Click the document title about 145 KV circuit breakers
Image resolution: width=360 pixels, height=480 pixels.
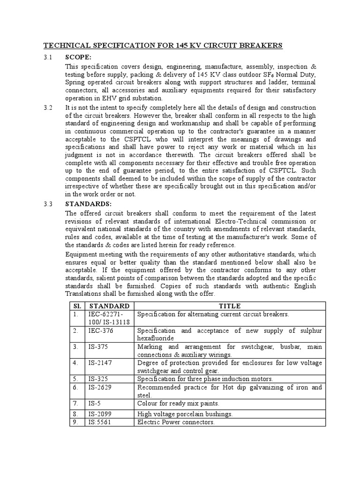163,45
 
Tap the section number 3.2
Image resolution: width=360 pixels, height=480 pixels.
48,108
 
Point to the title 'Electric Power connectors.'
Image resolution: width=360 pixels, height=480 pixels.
176,422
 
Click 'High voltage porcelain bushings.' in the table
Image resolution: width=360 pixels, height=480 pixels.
185,414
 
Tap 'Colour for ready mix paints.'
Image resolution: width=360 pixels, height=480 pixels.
178,403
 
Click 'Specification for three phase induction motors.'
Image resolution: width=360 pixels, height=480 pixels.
205,379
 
